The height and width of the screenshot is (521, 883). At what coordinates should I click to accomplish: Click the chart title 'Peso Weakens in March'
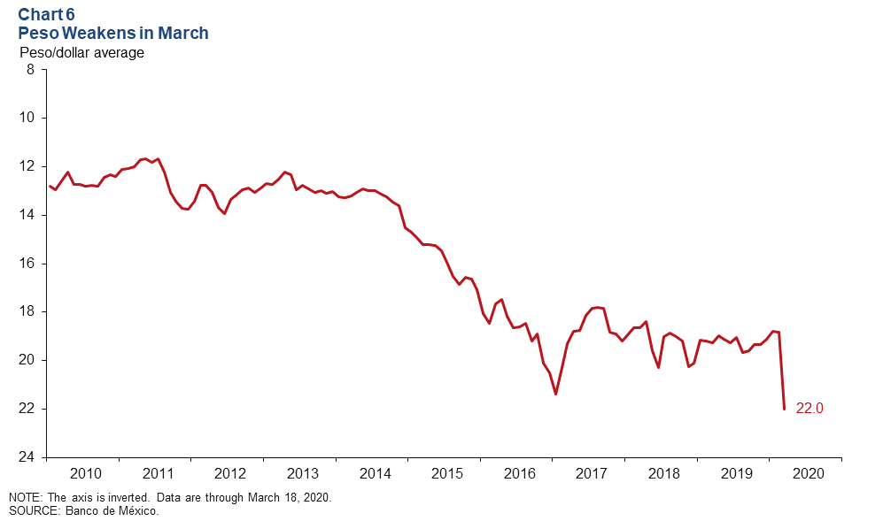[113, 34]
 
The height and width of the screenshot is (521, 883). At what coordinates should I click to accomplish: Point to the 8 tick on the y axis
[30, 69]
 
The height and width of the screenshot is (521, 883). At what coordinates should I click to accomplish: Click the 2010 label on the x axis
[84, 473]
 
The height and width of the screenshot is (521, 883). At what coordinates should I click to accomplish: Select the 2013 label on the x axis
[302, 473]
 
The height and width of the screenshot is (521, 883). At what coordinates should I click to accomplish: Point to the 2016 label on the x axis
[519, 473]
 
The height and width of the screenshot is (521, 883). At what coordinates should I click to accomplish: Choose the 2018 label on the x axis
[663, 473]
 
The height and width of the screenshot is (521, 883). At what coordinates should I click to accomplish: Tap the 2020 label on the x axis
[809, 473]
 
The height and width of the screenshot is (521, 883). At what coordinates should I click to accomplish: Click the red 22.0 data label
[809, 409]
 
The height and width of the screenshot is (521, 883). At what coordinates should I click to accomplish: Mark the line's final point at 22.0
[784, 409]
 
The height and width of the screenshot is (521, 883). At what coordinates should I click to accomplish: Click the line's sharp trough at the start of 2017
[555, 394]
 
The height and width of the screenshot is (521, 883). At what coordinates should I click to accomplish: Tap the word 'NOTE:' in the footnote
[25, 498]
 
